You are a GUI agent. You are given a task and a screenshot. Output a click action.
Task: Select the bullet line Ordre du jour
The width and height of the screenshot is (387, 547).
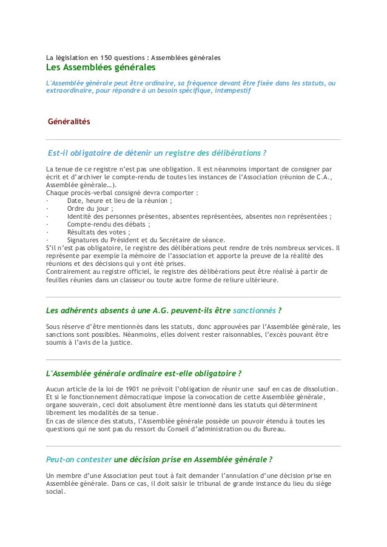[x=90, y=208]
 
